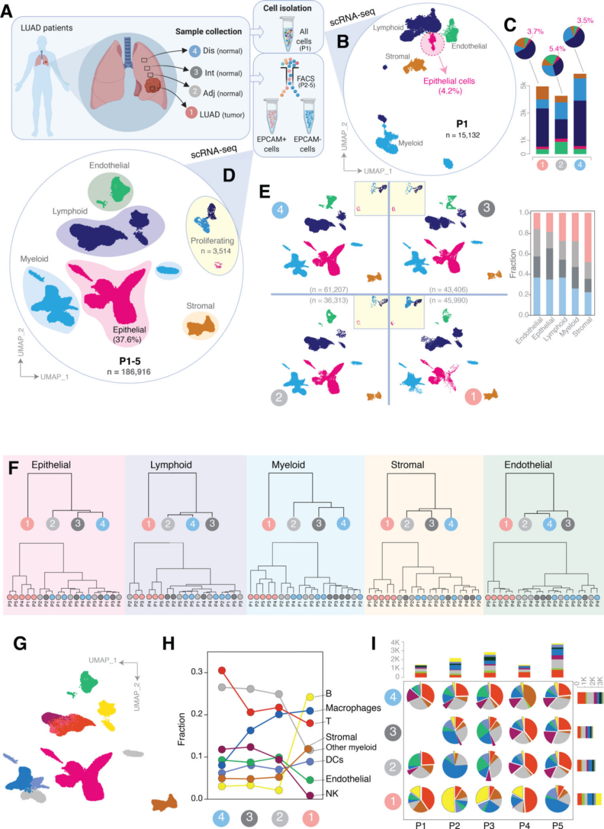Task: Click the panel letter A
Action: tap(7, 10)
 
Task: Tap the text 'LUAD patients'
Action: tap(46, 27)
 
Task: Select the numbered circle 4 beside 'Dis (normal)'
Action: tap(194, 51)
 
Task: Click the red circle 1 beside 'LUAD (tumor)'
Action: tap(191, 113)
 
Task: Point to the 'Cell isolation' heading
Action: tap(287, 8)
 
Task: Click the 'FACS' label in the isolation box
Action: tap(305, 79)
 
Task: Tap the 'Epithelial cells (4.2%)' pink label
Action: tap(449, 85)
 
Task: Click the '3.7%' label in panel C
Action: tap(535, 31)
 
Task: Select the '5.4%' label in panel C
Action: tap(557, 49)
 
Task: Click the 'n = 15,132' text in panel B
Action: tap(463, 135)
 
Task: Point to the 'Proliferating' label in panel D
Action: tap(212, 241)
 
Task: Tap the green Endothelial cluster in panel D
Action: tap(119, 188)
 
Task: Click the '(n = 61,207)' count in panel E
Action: tap(329, 289)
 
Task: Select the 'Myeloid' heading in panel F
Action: tap(288, 465)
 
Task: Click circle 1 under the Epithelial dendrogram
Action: tap(27, 523)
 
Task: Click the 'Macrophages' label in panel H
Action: tap(353, 708)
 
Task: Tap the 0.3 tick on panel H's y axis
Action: tap(196, 671)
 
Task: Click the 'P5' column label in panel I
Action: tap(558, 825)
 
